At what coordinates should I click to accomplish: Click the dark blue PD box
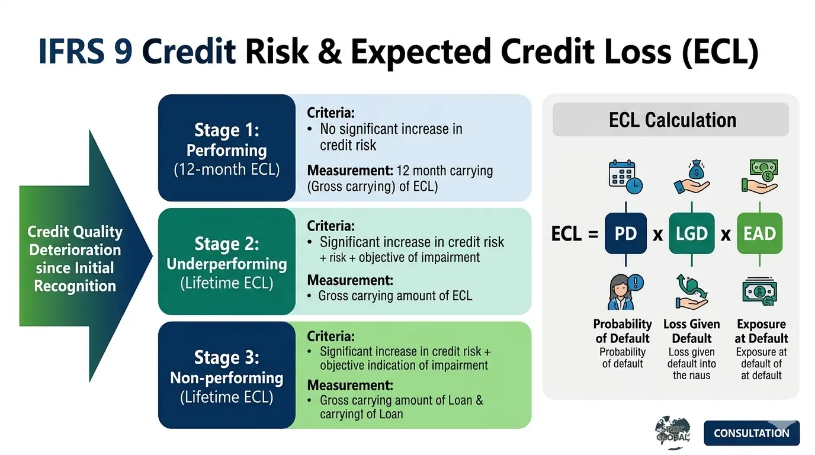(x=625, y=233)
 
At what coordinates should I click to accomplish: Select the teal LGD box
(x=691, y=233)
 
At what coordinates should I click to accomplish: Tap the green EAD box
(x=759, y=233)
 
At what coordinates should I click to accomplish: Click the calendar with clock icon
(x=625, y=177)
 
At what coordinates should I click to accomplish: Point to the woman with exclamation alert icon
(x=625, y=291)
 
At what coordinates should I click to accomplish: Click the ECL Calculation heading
(x=672, y=120)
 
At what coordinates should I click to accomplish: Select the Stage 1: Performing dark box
(x=227, y=148)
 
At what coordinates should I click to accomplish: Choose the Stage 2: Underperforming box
(x=227, y=261)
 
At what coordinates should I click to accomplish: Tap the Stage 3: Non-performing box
(x=227, y=375)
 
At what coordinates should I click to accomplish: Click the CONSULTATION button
(x=752, y=433)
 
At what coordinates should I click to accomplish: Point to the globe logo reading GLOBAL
(x=673, y=432)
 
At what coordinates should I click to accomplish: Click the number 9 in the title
(x=123, y=52)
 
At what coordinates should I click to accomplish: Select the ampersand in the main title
(x=329, y=52)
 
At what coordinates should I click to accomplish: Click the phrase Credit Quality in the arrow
(x=75, y=232)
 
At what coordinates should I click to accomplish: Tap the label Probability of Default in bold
(x=623, y=331)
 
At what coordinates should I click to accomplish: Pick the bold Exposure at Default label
(x=761, y=331)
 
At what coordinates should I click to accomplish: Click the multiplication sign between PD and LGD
(x=658, y=235)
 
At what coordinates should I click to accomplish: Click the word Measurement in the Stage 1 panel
(x=350, y=171)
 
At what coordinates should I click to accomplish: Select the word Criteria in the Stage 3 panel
(x=331, y=337)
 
